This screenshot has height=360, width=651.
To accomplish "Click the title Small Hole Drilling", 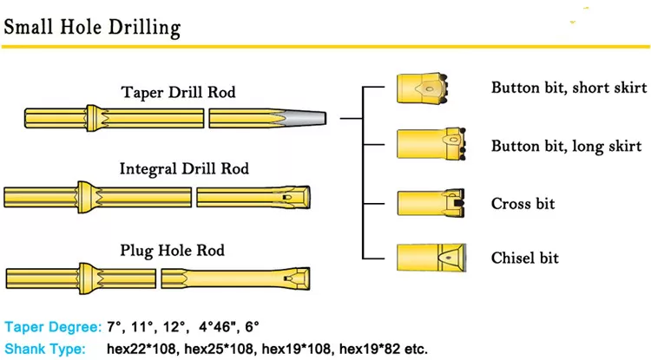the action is (x=92, y=28).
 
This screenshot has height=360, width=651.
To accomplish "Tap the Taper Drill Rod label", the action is (x=178, y=92).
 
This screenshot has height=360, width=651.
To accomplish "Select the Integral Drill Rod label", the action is (x=184, y=169).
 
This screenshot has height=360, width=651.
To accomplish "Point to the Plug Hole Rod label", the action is (x=173, y=251).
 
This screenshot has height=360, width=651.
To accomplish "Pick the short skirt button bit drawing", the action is (x=422, y=88).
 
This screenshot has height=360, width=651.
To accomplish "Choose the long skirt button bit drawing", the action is (x=431, y=144).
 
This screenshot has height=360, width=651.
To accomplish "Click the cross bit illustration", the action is (x=431, y=203).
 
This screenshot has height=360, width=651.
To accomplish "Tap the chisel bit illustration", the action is (x=431, y=258).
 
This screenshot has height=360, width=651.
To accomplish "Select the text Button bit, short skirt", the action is (x=569, y=88).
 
